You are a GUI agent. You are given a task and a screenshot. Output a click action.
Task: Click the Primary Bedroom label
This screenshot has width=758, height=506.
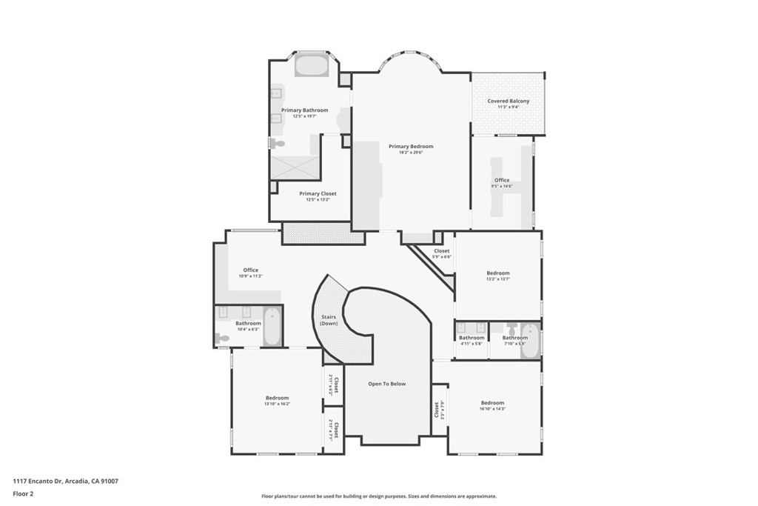pos(411,147)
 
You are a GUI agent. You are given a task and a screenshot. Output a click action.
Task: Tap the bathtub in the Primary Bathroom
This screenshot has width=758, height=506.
pos(312,66)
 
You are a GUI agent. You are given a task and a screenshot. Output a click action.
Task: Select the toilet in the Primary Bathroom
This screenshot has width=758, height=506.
pos(277,144)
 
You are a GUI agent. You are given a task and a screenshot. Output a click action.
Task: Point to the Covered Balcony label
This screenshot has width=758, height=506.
pos(508,101)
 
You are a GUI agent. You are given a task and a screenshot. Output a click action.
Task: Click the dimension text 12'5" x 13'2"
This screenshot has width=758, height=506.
pos(318,199)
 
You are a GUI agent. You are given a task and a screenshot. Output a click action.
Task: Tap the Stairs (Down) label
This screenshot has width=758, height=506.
pos(329,321)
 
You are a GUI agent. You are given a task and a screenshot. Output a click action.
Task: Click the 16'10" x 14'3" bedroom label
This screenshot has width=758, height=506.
pos(492,403)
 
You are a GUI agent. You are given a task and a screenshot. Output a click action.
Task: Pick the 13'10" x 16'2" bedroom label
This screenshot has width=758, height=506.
pos(277,398)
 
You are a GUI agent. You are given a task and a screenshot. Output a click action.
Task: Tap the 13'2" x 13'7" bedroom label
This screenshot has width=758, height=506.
pos(497,273)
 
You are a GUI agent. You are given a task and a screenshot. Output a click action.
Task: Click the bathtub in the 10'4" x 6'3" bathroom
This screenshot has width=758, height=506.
pos(272,327)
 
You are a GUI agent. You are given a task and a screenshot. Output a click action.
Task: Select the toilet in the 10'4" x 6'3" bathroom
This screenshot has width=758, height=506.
pos(222,339)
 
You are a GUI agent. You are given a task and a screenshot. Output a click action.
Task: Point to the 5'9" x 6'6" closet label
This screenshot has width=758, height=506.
pos(442,251)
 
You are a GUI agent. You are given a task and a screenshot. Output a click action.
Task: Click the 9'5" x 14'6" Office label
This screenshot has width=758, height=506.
pos(502,180)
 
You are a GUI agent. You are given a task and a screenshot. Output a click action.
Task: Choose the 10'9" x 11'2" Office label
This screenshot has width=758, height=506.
pos(250,270)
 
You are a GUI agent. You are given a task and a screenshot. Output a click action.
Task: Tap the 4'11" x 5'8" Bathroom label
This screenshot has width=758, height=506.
pos(471,338)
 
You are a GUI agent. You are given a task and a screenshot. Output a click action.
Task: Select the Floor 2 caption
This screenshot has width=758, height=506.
pos(23,493)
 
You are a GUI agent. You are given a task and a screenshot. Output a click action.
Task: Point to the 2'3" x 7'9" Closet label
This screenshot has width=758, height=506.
pos(437,409)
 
